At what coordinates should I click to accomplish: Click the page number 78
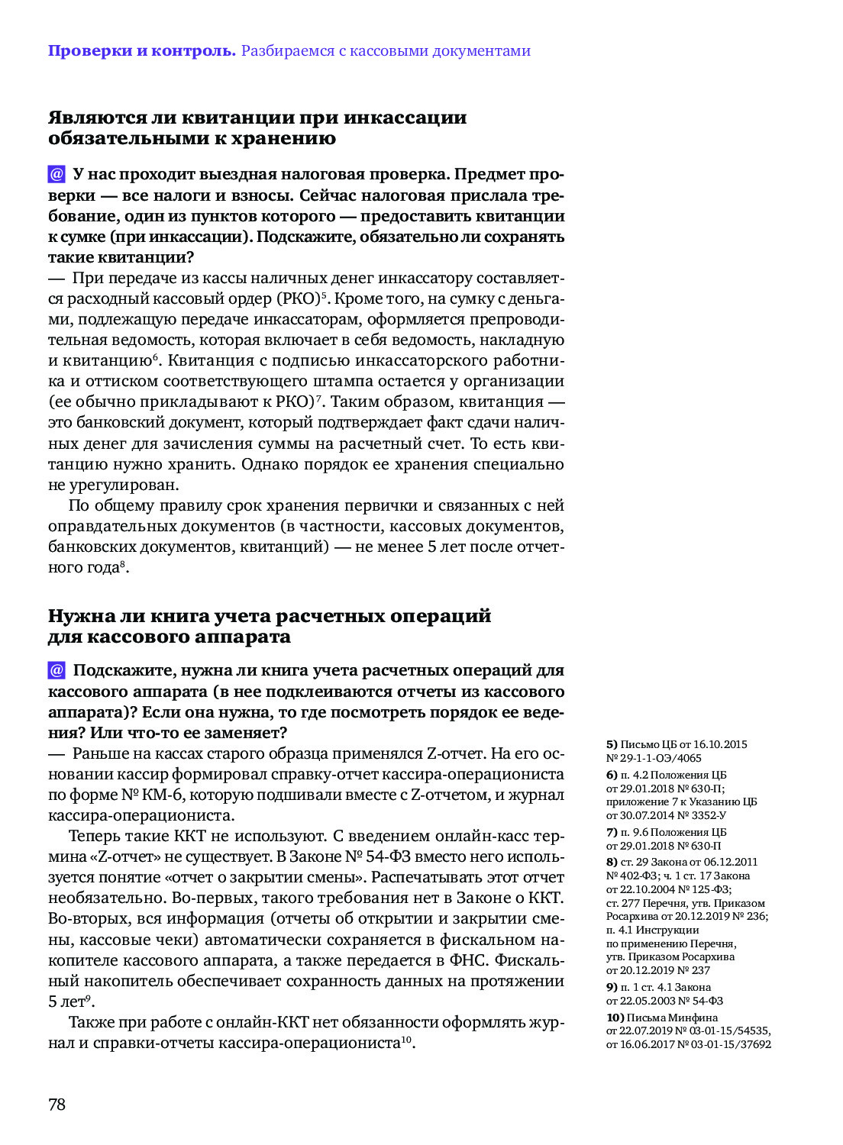57,1104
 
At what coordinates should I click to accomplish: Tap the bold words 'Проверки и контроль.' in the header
141,51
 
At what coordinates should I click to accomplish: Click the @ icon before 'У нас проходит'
57,174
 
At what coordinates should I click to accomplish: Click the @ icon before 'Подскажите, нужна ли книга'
57,670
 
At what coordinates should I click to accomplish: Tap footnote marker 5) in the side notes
612,744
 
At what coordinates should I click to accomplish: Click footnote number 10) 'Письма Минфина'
615,1018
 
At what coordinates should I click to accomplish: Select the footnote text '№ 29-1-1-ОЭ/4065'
654,758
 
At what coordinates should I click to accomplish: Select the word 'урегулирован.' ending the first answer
113,485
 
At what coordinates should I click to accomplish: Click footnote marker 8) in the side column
612,862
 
